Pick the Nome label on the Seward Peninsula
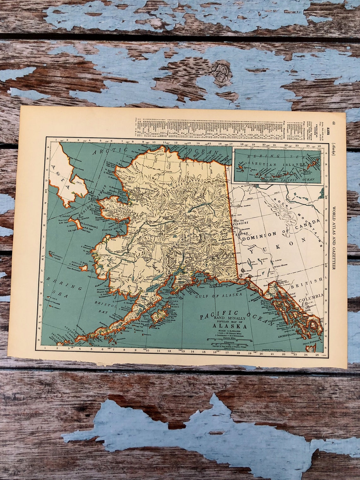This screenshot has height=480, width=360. point(113,217)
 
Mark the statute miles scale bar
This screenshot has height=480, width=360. point(230,339)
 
